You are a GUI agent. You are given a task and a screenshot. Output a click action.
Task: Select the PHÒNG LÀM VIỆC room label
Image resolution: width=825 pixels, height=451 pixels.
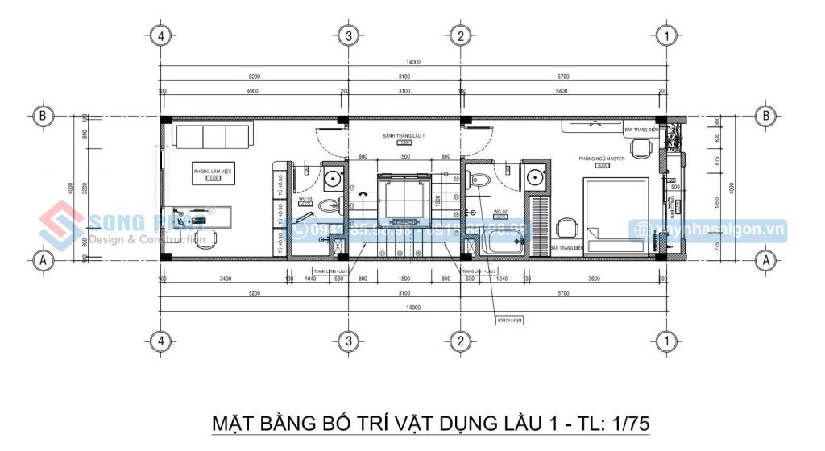pyautogui.click(x=213, y=171)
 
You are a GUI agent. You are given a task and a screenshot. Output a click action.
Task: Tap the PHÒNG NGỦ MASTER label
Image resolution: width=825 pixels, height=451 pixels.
pyautogui.click(x=596, y=159)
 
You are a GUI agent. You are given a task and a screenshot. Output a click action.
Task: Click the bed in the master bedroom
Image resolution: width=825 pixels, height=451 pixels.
pyautogui.click(x=616, y=209)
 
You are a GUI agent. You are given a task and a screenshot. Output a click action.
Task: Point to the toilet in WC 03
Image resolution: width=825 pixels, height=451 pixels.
pyautogui.click(x=330, y=205)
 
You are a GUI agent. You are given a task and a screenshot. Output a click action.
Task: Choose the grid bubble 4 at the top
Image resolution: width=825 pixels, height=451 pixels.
pyautogui.click(x=161, y=35)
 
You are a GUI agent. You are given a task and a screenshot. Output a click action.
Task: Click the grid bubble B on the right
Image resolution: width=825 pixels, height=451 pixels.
pyautogui.click(x=766, y=115)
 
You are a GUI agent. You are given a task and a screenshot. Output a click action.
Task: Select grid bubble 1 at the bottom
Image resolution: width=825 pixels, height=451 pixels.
pyautogui.click(x=665, y=341)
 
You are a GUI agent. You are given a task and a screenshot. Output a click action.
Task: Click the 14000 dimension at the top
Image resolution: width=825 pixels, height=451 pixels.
pyautogui.click(x=414, y=62)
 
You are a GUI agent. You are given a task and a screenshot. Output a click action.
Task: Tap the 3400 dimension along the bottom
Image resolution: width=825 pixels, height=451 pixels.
pyautogui.click(x=225, y=279)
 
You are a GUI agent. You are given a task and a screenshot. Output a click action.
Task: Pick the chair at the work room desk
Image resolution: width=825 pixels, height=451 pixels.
pyautogui.click(x=206, y=237)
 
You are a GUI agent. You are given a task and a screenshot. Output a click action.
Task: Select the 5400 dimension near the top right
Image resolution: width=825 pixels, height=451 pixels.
pyautogui.click(x=563, y=91)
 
